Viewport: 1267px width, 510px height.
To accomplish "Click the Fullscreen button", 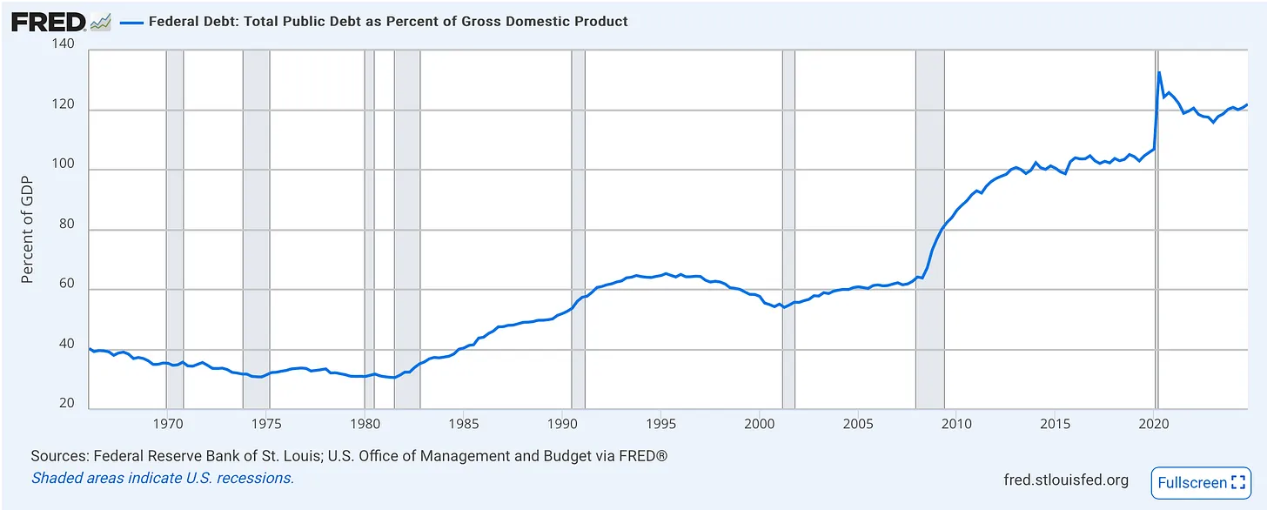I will coord(1200,482).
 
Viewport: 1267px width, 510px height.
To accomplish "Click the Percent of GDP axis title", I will coord(28,228).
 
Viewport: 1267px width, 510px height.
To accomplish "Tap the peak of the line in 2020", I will coord(1159,72).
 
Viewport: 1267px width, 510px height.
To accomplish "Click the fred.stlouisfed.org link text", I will coord(1066,480).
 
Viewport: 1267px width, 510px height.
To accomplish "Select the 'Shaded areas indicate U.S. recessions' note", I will coord(163,478).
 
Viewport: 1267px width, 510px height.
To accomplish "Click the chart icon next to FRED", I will coord(101,22).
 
